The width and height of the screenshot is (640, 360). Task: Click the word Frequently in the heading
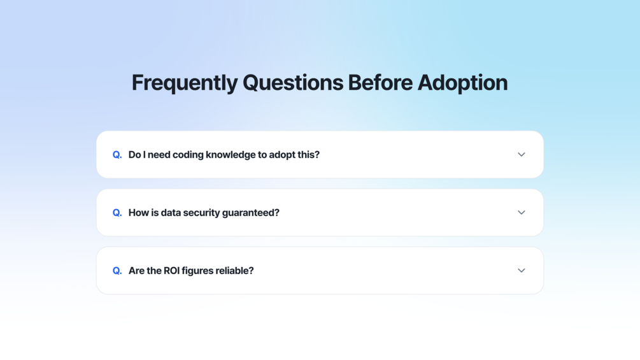(x=185, y=83)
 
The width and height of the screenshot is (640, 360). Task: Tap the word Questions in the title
(x=293, y=83)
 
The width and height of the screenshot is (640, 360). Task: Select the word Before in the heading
(x=380, y=82)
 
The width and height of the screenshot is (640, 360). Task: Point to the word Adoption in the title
(x=462, y=83)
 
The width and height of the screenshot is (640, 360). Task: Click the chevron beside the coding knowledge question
(x=521, y=155)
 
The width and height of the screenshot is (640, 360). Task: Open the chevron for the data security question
(x=521, y=213)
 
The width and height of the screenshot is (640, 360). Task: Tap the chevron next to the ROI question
(x=521, y=271)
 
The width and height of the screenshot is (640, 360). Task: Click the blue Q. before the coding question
(x=117, y=155)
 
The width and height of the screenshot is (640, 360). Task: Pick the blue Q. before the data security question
(x=117, y=213)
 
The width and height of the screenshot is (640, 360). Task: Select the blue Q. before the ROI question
(x=117, y=271)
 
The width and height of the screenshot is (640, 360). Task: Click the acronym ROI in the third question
(x=171, y=271)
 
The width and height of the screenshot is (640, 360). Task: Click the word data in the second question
(x=171, y=213)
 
